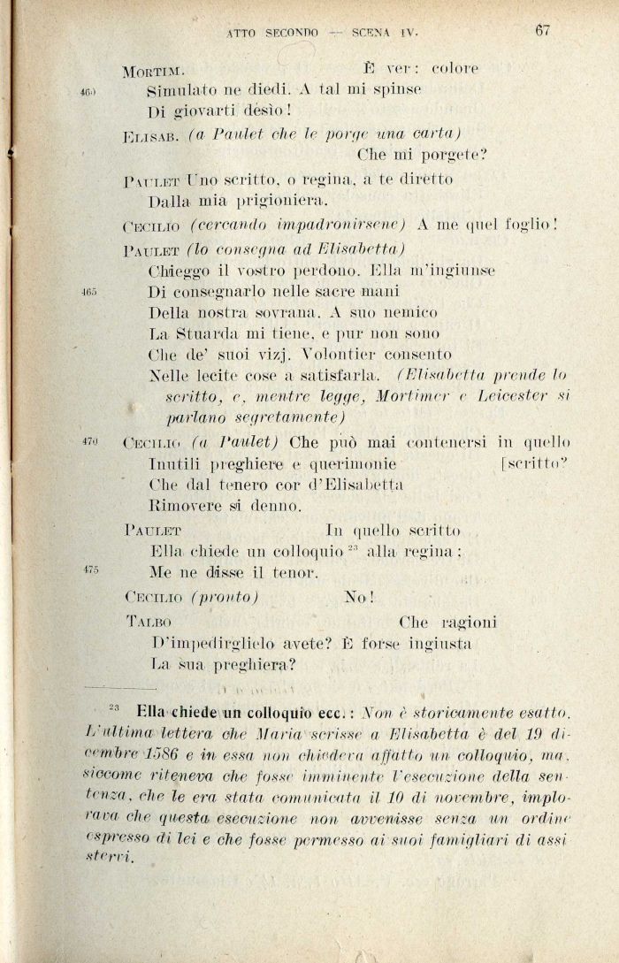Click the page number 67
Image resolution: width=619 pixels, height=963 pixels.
coord(543,30)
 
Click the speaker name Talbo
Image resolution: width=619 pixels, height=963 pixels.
coord(148,622)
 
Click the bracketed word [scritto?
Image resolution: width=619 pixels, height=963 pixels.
coord(535,463)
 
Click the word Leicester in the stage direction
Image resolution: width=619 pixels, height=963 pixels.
coord(516,397)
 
